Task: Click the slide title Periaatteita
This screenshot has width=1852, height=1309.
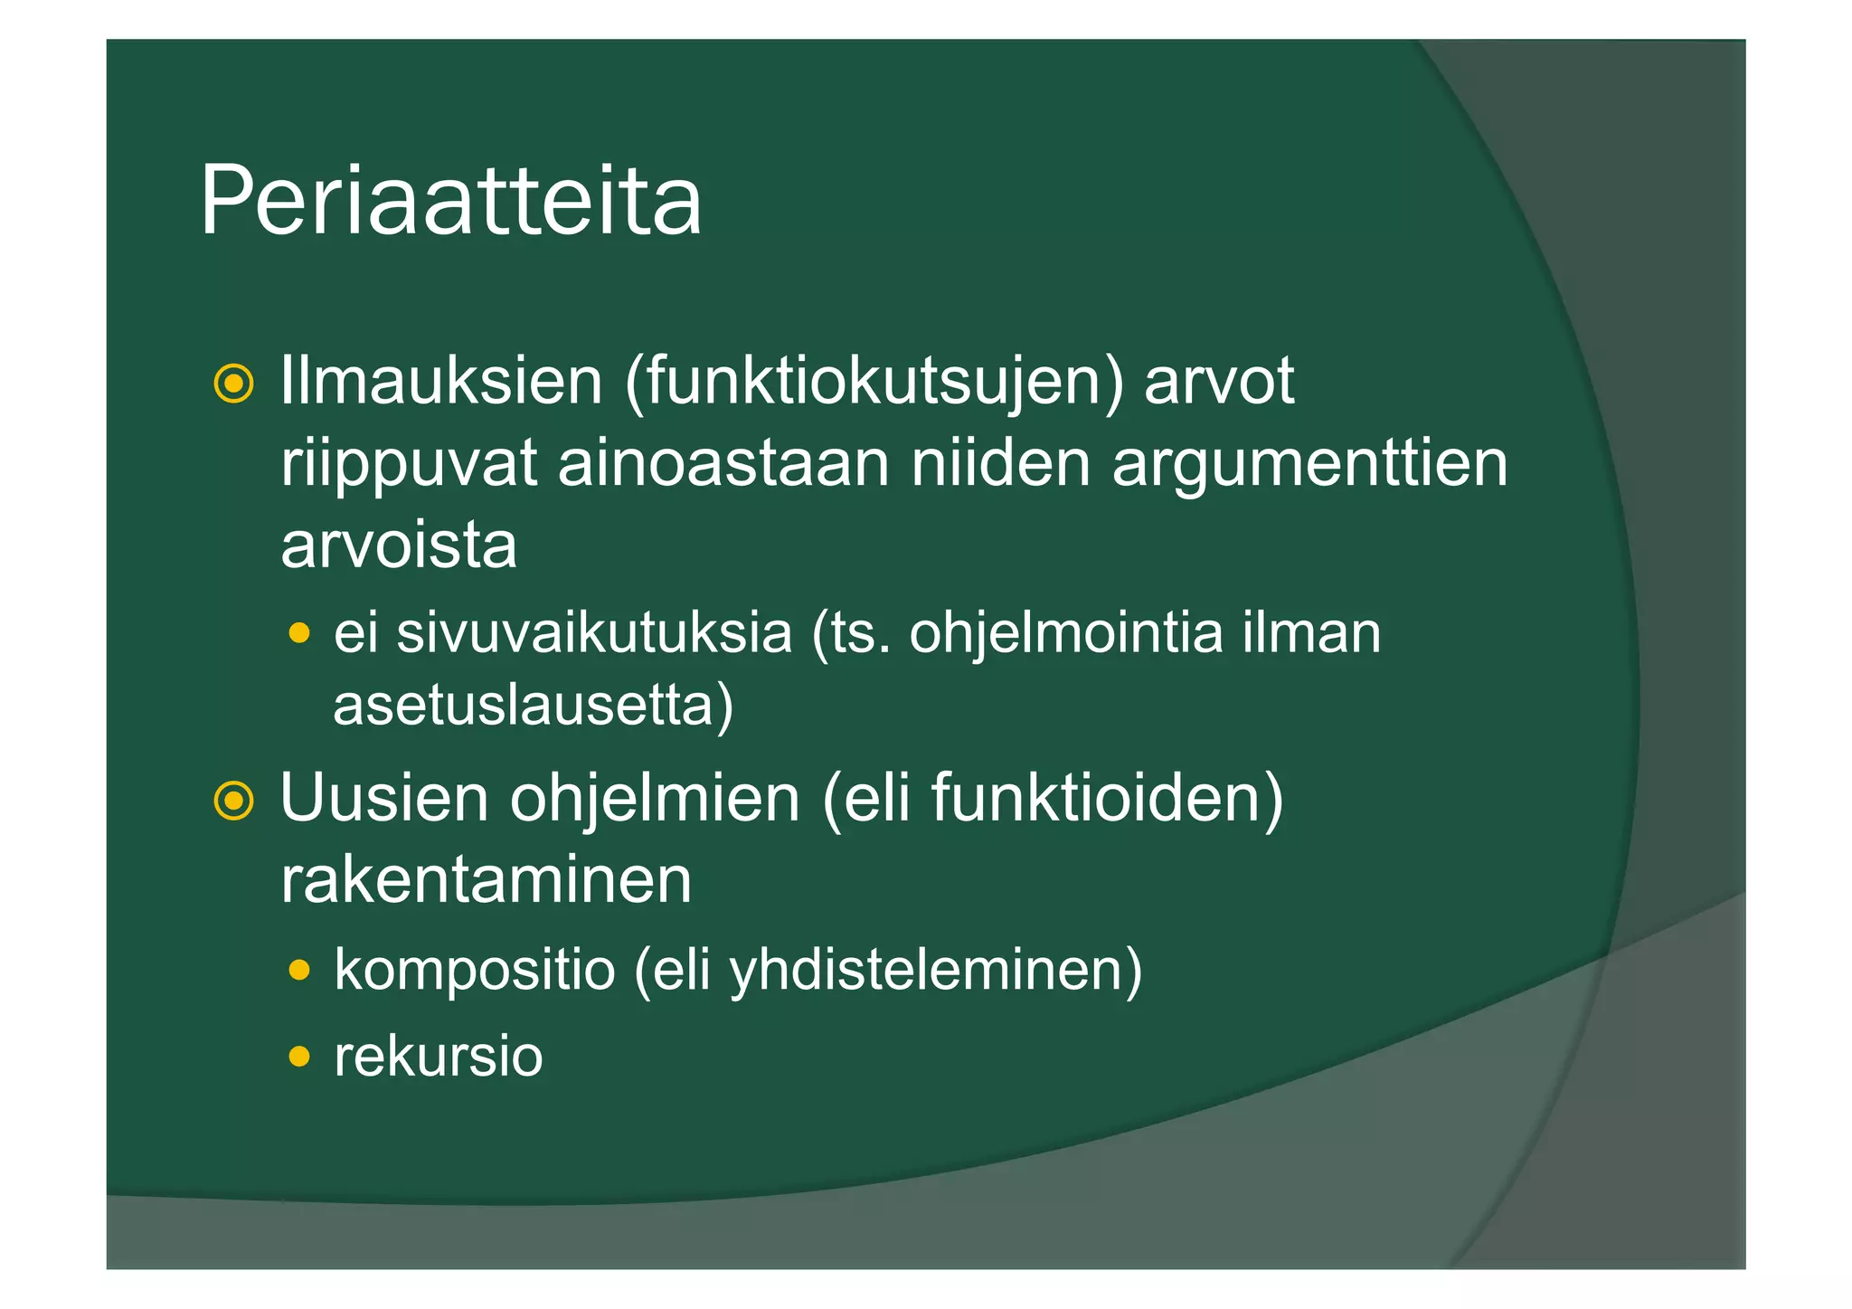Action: [450, 201]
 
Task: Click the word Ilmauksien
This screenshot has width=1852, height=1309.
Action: [441, 381]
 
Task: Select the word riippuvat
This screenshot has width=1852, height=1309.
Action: [409, 465]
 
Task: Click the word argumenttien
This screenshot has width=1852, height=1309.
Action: [1309, 465]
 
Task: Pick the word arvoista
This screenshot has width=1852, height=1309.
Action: [399, 545]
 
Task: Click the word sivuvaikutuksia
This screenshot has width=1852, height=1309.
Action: [594, 632]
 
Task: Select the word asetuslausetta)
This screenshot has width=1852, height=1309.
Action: [534, 706]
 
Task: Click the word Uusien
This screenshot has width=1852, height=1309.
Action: [383, 798]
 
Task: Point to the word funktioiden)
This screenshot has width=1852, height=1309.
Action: [1107, 798]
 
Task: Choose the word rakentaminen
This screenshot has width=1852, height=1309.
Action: [487, 880]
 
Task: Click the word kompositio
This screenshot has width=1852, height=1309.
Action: [475, 971]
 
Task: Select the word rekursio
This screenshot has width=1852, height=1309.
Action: [439, 1056]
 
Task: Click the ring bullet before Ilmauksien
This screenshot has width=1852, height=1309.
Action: [233, 384]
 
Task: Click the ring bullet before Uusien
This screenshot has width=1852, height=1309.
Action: [233, 801]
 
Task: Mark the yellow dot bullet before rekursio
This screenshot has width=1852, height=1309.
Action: [299, 1056]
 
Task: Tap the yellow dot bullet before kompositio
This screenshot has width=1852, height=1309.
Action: [299, 971]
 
